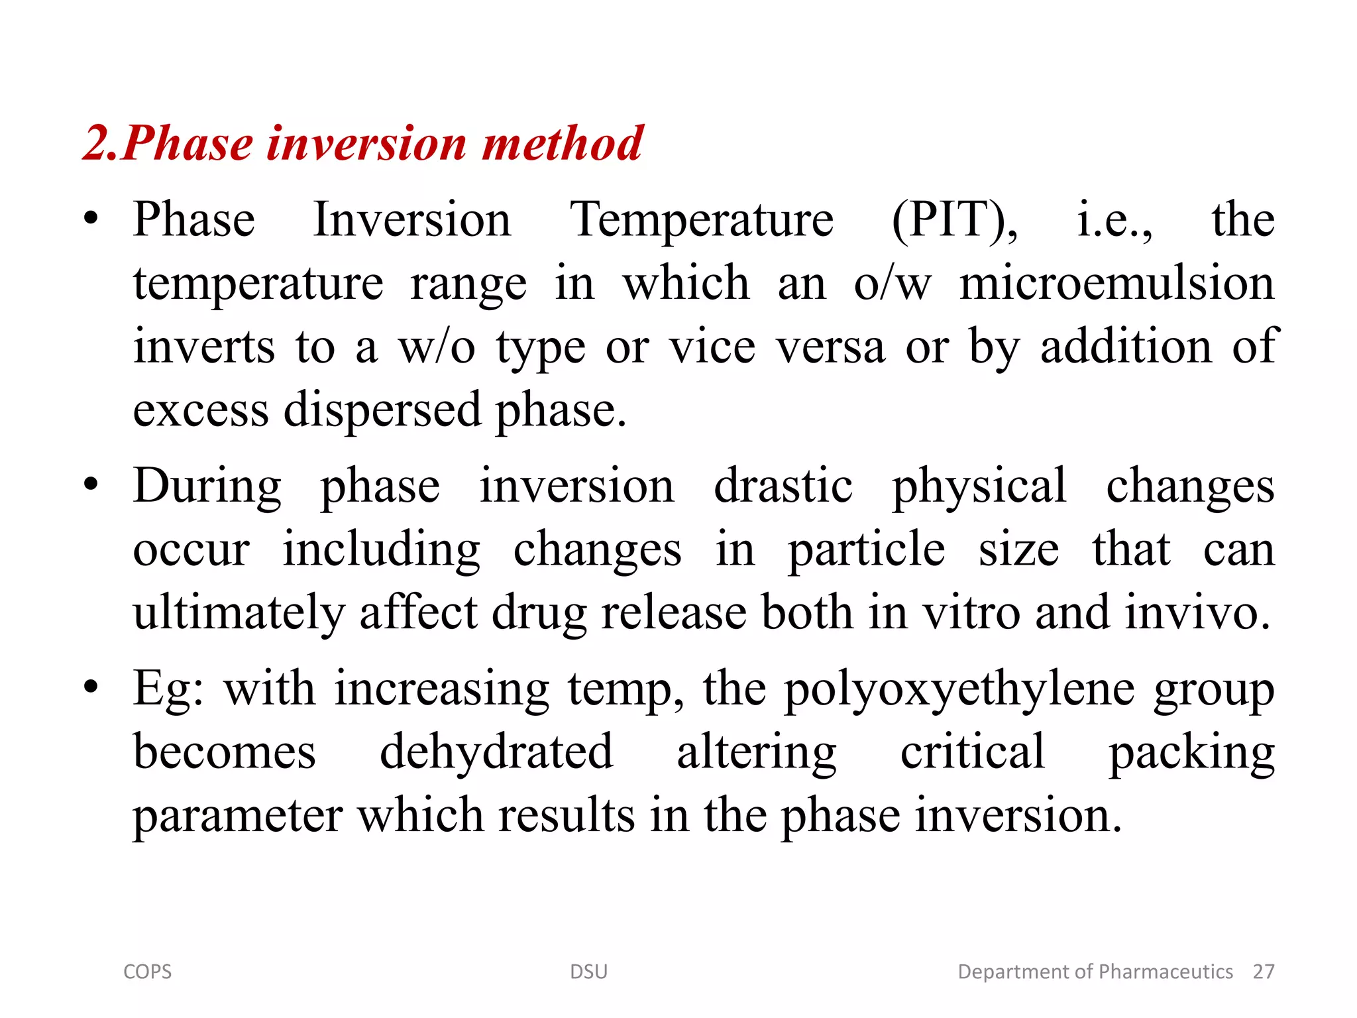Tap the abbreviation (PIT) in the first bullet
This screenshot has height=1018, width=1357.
954,220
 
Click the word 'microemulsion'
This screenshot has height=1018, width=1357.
1116,284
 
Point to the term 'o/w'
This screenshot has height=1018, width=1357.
892,284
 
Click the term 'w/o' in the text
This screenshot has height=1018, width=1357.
436,347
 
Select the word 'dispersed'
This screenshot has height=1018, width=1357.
382,411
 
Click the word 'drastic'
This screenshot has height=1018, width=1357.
783,486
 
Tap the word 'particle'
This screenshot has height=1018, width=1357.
866,550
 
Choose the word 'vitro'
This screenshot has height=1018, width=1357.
972,613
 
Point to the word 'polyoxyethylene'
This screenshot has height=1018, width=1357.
959,689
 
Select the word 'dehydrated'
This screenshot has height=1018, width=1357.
496,752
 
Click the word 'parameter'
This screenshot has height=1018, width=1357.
237,816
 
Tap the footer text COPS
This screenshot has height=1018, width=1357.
147,972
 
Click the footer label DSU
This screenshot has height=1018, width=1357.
588,972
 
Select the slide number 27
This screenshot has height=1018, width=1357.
1263,972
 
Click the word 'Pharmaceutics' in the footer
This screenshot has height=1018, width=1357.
1166,972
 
